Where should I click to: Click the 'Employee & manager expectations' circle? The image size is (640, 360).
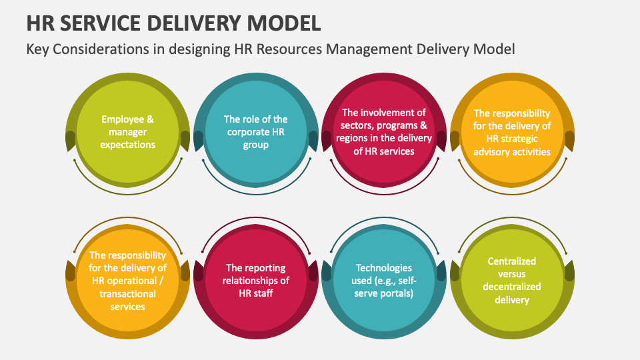[127, 132]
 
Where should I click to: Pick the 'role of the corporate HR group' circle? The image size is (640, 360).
[255, 132]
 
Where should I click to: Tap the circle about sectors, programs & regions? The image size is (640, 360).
[383, 132]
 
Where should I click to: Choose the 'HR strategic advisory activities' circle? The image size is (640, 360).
[511, 132]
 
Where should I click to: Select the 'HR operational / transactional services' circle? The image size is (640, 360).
[127, 281]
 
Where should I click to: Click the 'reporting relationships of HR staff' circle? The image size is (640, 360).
[255, 281]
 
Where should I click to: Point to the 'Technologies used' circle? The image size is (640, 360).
[383, 281]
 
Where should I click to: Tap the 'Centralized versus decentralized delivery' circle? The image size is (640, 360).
[511, 281]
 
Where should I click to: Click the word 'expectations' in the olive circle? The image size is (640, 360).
[127, 145]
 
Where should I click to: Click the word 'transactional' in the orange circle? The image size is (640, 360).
[127, 293]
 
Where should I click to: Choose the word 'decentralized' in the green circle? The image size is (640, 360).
[511, 287]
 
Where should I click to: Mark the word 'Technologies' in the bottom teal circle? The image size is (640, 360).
[383, 268]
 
